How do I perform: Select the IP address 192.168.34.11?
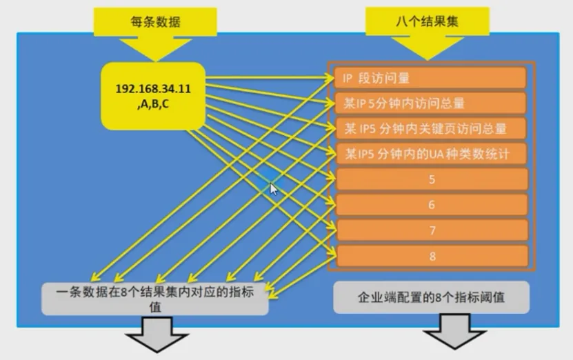click(153, 89)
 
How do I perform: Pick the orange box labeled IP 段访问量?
click(431, 79)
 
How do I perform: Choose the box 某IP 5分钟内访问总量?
click(431, 103)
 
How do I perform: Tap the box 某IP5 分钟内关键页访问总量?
click(431, 128)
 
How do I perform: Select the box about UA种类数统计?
click(431, 153)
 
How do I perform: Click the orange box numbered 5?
click(432, 179)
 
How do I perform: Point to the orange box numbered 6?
click(432, 205)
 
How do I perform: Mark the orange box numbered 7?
click(432, 230)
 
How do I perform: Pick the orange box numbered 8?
click(432, 256)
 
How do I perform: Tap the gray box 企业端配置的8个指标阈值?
click(431, 298)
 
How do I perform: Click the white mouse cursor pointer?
click(274, 188)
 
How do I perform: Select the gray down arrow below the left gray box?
click(156, 341)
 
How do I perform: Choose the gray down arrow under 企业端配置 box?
click(455, 338)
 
